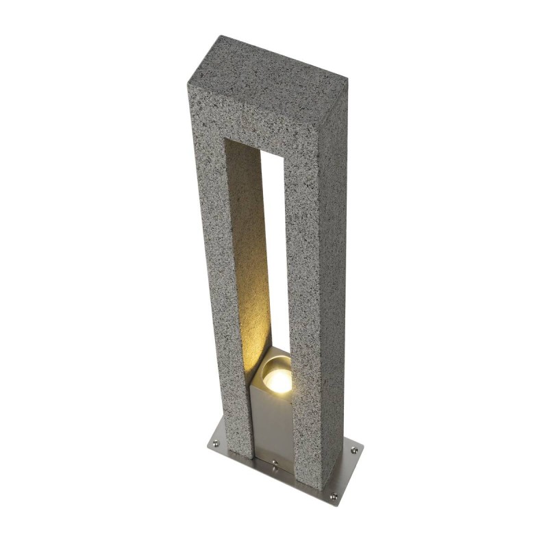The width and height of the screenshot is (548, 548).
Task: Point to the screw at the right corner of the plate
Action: pyautogui.click(x=353, y=450)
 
